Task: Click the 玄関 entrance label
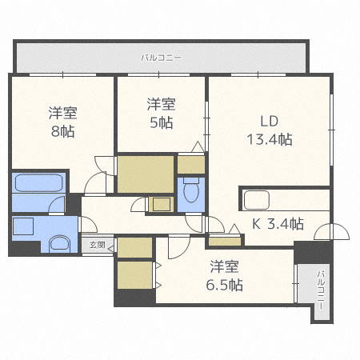(x=97, y=245)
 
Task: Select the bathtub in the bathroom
(x=39, y=183)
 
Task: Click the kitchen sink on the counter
(x=257, y=200)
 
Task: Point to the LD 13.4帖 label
(x=270, y=130)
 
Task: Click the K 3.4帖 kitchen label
(x=278, y=224)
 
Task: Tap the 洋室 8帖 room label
(x=63, y=122)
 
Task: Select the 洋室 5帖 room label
(x=162, y=114)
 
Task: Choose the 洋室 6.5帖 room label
(x=224, y=275)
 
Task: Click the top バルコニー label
(x=162, y=58)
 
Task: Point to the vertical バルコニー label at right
(x=321, y=290)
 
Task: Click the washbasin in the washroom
(x=60, y=243)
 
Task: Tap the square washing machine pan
(x=23, y=226)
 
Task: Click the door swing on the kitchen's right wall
(x=331, y=231)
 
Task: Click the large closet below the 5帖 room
(x=146, y=174)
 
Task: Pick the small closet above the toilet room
(x=191, y=165)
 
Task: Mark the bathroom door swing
(x=57, y=205)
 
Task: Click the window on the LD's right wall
(x=331, y=130)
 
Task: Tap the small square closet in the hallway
(x=162, y=205)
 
